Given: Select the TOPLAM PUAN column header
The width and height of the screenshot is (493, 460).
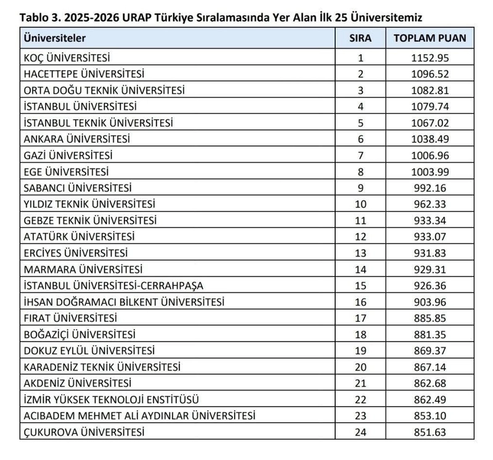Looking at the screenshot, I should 430,38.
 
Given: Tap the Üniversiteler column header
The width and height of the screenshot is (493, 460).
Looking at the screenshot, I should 54,38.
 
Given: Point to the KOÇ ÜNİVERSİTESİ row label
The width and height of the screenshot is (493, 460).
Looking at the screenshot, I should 66,59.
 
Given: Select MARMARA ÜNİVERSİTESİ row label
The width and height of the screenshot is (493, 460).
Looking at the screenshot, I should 83,269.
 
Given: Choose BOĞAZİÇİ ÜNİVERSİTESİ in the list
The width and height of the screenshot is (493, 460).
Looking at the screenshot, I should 79,334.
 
